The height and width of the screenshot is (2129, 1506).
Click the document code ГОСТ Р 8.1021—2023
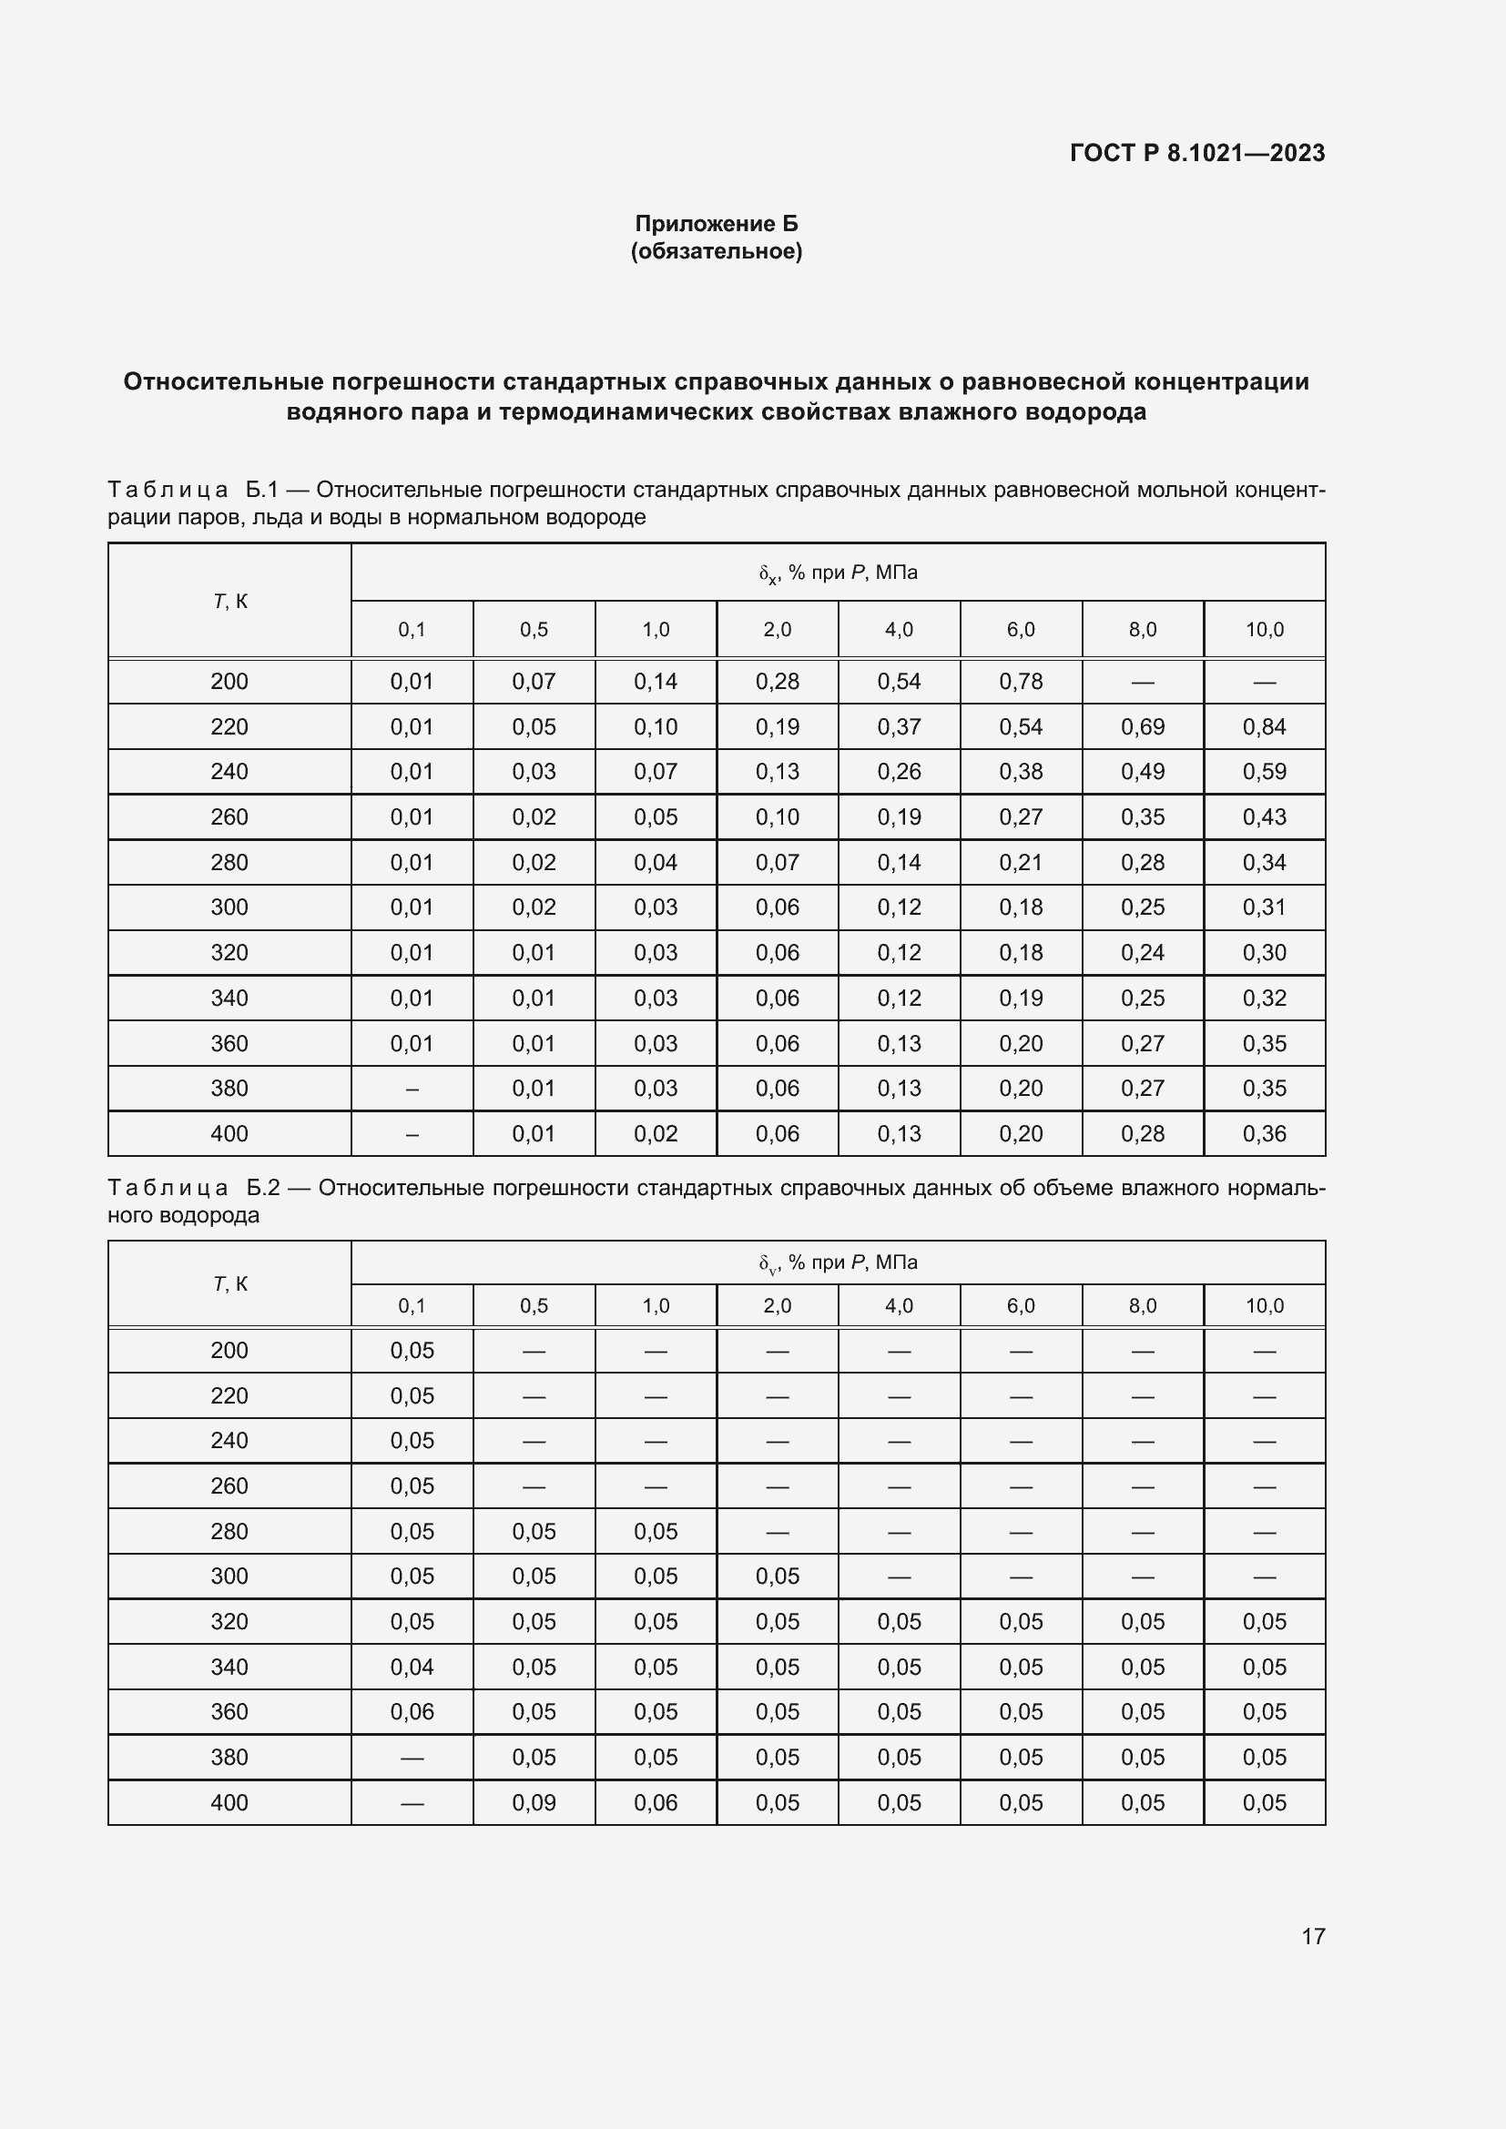1196,153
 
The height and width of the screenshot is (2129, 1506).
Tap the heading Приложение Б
716,224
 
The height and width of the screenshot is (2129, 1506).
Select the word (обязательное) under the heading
716,251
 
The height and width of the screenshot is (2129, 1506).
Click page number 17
1312,1936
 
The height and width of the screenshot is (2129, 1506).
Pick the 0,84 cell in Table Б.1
1264,727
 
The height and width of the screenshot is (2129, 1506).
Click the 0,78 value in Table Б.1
1020,682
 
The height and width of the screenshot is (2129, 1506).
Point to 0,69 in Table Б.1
1142,727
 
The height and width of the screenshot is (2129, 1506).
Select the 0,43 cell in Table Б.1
1264,816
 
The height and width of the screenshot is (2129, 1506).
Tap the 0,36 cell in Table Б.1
1264,1133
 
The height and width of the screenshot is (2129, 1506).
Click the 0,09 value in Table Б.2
534,1802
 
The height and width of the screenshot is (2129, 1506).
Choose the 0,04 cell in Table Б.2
412,1668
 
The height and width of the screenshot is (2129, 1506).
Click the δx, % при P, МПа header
838,573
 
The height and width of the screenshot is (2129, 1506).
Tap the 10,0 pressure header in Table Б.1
1264,630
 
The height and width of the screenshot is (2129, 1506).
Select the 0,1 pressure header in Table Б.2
412,1305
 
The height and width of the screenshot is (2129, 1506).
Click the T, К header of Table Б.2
230,1284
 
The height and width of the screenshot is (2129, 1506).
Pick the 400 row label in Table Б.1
229,1133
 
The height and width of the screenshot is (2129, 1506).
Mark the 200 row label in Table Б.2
229,1350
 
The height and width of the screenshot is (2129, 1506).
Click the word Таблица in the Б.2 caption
168,1188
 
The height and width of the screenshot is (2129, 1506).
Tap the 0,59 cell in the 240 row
1264,772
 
